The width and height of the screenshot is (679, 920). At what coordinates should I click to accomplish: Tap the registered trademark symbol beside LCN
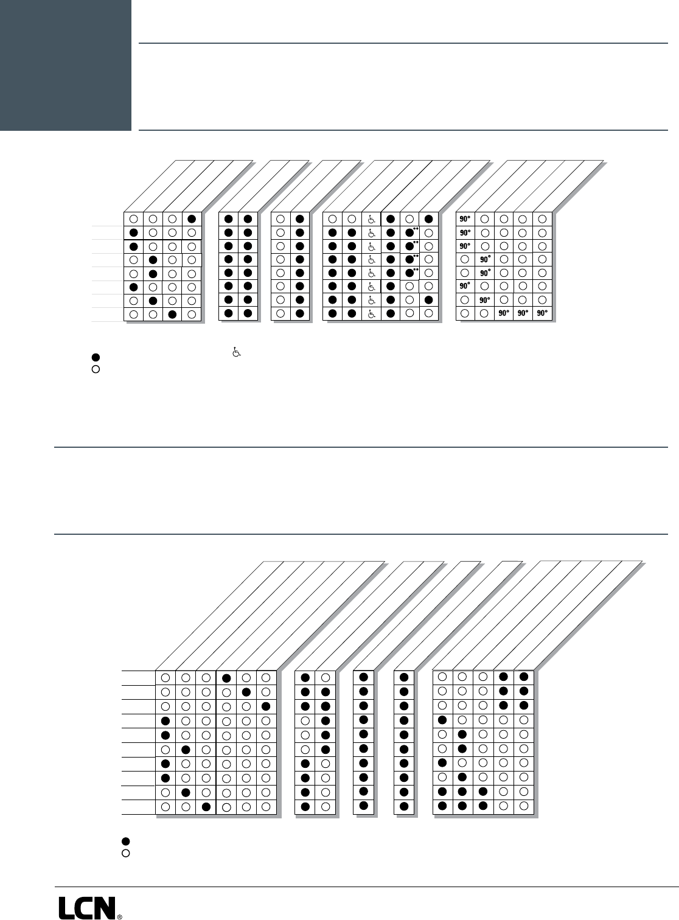point(119,916)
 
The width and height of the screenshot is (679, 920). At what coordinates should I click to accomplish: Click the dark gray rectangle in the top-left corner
point(65,65)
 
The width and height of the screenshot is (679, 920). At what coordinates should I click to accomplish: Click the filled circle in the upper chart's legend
point(96,357)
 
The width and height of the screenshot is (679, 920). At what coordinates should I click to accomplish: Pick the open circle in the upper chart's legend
point(96,369)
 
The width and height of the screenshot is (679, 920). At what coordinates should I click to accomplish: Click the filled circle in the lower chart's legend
point(126,841)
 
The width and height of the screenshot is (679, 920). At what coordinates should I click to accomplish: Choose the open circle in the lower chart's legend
point(126,853)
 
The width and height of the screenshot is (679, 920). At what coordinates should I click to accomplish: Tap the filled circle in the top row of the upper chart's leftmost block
point(192,219)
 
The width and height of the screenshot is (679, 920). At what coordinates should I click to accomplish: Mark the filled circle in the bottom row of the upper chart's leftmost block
point(172,315)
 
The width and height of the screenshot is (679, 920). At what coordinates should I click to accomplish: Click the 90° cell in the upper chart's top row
point(465,219)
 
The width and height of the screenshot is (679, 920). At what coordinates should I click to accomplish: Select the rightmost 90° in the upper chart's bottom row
point(542,314)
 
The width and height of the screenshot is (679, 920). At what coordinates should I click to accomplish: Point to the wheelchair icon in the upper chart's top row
point(371,219)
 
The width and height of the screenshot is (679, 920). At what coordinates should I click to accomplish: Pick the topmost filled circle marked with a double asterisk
point(409,232)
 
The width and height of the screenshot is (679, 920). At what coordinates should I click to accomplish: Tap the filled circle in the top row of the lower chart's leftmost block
point(226,678)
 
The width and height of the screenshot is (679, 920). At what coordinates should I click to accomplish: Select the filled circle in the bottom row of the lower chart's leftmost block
point(206,807)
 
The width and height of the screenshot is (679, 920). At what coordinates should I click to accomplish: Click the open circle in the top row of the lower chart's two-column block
point(326,678)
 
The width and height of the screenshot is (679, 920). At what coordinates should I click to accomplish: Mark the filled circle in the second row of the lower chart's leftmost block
point(246,692)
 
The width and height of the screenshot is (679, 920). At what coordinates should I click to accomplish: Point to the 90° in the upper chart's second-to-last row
point(485,300)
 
